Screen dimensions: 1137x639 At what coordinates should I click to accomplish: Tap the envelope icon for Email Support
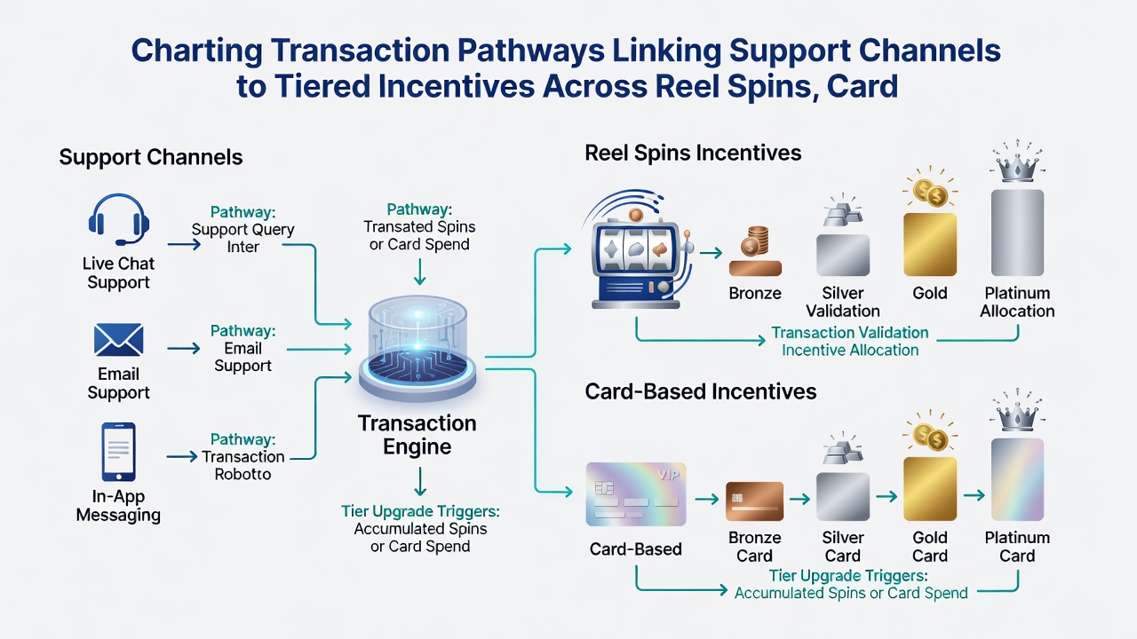(x=118, y=340)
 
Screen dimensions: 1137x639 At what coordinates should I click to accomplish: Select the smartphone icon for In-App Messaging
(x=118, y=452)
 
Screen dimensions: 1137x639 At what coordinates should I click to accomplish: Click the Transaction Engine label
(x=417, y=435)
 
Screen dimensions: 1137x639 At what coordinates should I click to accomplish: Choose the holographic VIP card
(x=636, y=494)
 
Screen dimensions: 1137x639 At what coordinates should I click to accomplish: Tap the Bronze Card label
(x=755, y=547)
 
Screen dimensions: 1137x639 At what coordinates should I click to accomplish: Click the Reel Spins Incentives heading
(x=693, y=153)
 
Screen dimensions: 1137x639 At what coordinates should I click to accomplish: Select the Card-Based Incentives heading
(x=701, y=391)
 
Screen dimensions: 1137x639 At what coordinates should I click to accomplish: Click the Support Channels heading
(x=151, y=157)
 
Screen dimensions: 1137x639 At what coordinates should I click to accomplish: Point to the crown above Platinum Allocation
(x=1017, y=162)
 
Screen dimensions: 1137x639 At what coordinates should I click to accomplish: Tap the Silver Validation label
(x=843, y=302)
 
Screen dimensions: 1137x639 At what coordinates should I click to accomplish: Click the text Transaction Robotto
(x=243, y=465)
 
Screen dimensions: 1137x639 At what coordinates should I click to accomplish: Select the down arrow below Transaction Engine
(x=420, y=481)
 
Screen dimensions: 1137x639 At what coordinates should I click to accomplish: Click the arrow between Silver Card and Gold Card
(x=887, y=496)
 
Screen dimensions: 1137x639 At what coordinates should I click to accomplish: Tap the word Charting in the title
(x=197, y=51)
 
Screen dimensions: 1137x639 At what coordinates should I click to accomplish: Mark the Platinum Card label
(x=1017, y=547)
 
